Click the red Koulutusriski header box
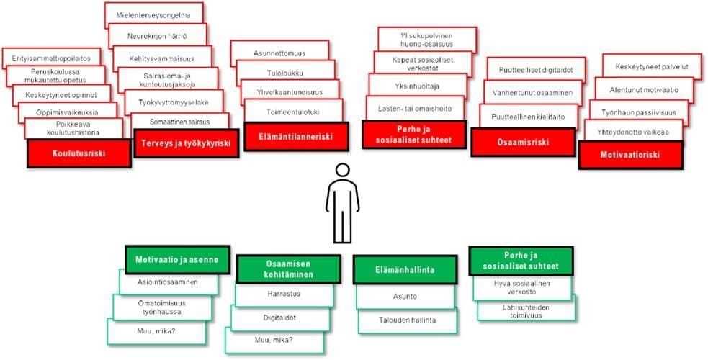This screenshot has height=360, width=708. pyautogui.click(x=79, y=153)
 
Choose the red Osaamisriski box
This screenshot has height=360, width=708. pyautogui.click(x=523, y=142)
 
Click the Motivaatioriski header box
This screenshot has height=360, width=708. pyautogui.click(x=630, y=153)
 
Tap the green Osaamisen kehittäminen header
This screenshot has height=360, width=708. pyautogui.click(x=288, y=269)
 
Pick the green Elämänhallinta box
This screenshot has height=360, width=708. pyautogui.click(x=405, y=269)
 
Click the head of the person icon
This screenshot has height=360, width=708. pyautogui.click(x=342, y=171)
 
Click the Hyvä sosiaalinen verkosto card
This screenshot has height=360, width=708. pyautogui.click(x=522, y=287)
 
